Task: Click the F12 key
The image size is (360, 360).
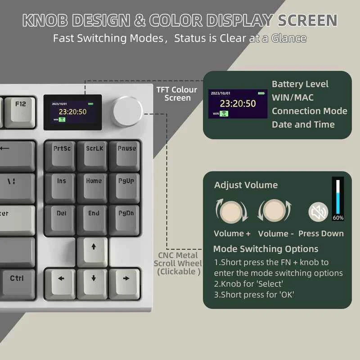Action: pos(21,108)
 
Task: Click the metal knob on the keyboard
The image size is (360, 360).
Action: pos(128,111)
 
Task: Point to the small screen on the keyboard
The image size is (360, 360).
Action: pos(72,112)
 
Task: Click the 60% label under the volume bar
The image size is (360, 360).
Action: pos(338,218)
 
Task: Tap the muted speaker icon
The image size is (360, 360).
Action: pos(318,212)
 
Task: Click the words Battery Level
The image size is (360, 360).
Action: pos(300,84)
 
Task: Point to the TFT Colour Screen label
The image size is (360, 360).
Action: pos(177,94)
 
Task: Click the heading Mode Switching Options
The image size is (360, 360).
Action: pos(265,249)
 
